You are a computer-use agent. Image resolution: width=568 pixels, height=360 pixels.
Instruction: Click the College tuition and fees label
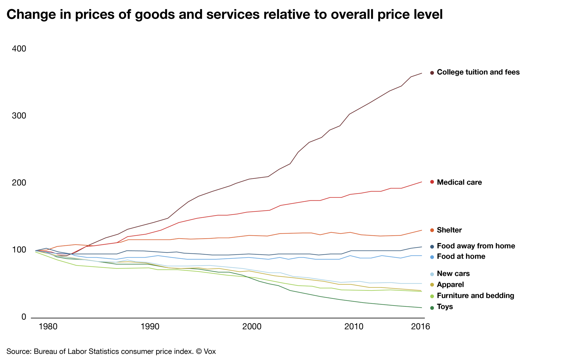(x=478, y=72)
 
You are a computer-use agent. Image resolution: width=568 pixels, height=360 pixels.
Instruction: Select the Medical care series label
(x=459, y=182)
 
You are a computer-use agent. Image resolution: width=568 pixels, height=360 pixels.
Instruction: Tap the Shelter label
(x=449, y=230)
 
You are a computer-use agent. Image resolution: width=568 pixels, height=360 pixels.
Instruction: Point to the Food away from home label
(x=476, y=246)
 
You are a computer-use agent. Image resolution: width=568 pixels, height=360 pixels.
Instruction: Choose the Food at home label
(x=461, y=257)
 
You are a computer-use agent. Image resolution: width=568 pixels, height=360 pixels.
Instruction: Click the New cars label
(x=453, y=274)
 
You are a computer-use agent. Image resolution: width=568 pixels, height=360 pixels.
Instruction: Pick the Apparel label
(x=450, y=285)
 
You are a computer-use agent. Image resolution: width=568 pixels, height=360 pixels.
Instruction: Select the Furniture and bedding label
(x=475, y=296)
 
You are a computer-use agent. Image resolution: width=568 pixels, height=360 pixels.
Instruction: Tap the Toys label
(x=445, y=307)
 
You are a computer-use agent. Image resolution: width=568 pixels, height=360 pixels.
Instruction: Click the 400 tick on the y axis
(x=19, y=49)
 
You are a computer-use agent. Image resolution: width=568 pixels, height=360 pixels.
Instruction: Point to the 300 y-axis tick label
(x=19, y=116)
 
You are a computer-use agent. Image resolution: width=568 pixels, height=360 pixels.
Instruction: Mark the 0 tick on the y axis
(x=24, y=317)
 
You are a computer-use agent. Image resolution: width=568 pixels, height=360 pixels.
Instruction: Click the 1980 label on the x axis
(x=48, y=327)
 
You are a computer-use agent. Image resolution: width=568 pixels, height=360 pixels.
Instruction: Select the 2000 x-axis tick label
(x=252, y=327)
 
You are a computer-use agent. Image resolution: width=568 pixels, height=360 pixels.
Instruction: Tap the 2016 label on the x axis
(x=420, y=327)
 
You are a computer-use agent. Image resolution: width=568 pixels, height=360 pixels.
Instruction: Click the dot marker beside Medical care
(x=432, y=182)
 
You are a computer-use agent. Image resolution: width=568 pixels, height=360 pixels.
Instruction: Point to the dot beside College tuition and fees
(x=432, y=73)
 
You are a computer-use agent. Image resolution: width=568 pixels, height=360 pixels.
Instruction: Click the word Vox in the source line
(x=210, y=352)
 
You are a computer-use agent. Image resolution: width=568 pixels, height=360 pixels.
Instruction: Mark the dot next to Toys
(x=432, y=308)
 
